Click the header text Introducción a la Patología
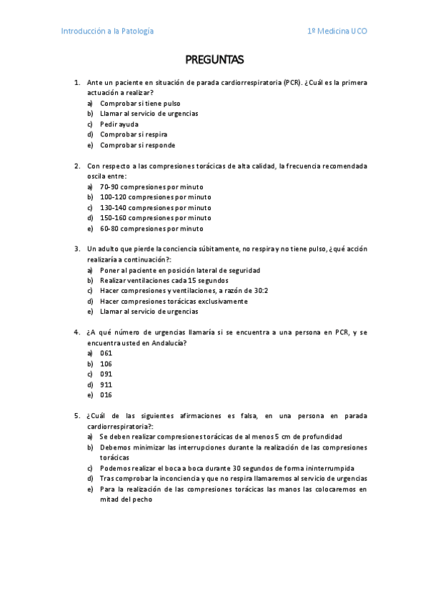107,31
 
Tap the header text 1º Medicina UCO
337,31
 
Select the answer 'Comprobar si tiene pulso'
140,103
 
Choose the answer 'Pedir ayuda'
119,124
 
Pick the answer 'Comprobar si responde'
137,145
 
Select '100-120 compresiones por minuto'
155,197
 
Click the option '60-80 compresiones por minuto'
151,229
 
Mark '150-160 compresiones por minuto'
155,218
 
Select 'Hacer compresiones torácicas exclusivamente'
174,302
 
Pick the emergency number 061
106,353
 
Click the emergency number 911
106,384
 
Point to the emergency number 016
106,395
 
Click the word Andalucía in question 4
168,343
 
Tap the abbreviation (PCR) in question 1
291,82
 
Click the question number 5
76,415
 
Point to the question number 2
76,166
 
